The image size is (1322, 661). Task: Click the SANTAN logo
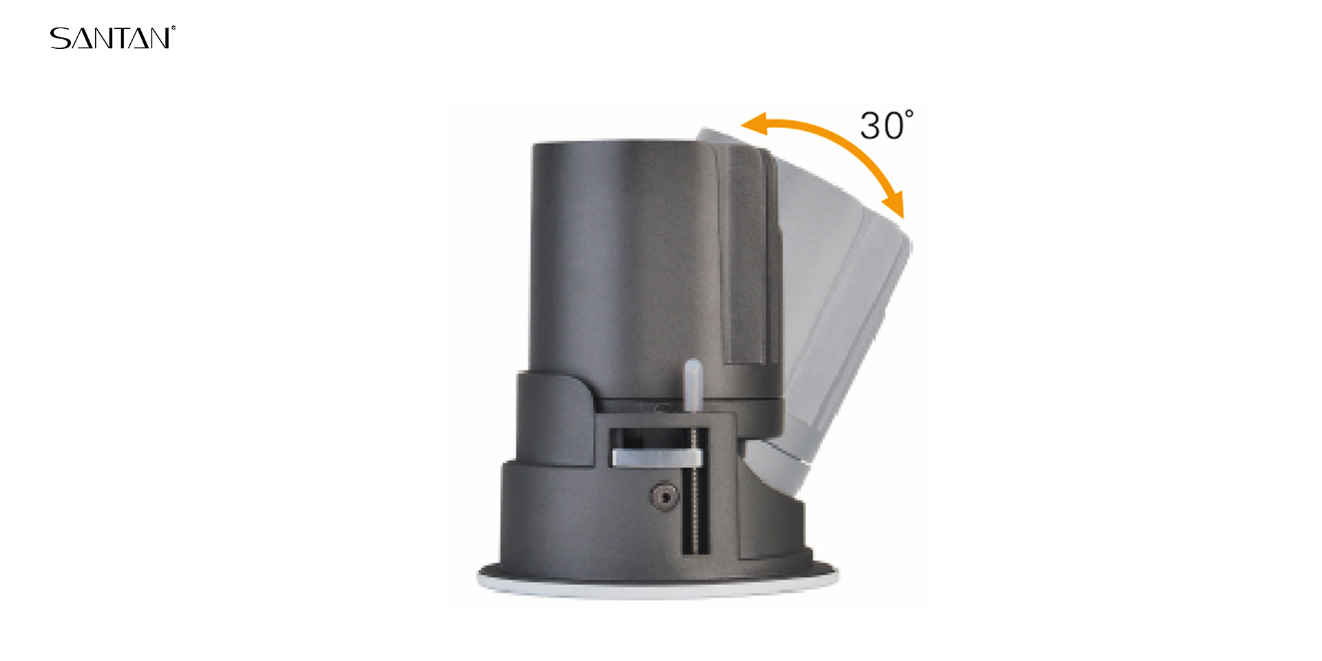[x=112, y=38]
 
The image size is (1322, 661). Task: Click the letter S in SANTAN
[x=60, y=39]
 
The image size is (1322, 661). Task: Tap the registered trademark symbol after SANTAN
[x=173, y=28]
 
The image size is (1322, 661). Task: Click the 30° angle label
[x=887, y=125]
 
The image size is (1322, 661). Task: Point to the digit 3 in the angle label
[x=870, y=126]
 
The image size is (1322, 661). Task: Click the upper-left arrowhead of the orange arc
[x=755, y=123]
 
